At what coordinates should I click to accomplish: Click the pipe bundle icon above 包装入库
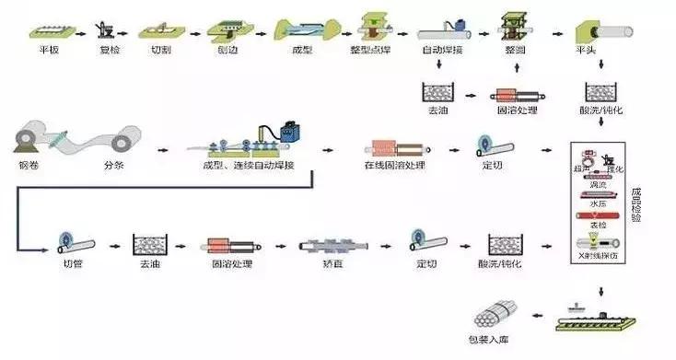(497, 310)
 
